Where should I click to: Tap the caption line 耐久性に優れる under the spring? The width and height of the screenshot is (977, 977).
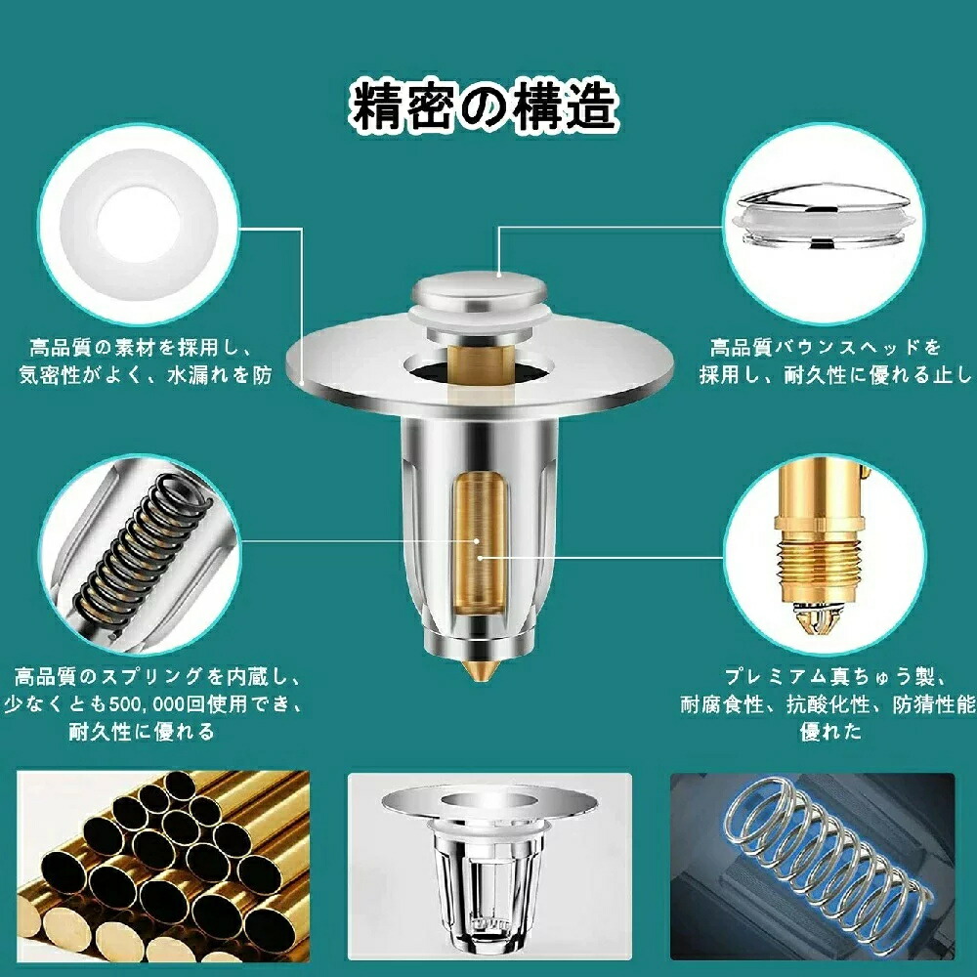(142, 732)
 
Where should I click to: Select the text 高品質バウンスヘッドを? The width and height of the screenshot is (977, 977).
(826, 347)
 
